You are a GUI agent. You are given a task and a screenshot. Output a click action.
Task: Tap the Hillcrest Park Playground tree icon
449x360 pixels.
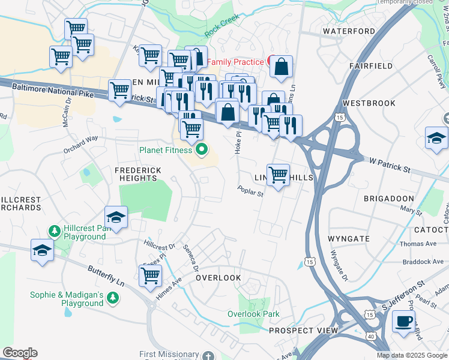click(54, 231)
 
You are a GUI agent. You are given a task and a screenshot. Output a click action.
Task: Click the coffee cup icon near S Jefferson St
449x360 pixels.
click(404, 320)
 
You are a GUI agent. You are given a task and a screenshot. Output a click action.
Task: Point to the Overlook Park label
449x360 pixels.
click(253, 314)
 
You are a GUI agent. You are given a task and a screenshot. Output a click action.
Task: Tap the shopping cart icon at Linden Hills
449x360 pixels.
click(278, 175)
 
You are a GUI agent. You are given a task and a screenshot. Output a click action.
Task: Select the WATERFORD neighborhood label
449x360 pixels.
click(349, 31)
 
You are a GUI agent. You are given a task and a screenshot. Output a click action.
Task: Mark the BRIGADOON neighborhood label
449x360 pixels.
click(388, 198)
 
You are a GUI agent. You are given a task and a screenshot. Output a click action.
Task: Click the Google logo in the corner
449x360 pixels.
click(20, 353)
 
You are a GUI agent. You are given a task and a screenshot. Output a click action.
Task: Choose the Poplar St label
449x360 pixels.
click(251, 190)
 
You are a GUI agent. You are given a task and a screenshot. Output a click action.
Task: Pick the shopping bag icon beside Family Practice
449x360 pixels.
click(281, 67)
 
